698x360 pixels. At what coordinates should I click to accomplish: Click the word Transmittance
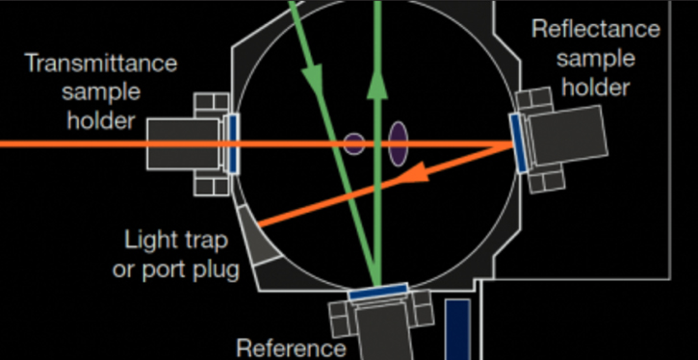coord(102,64)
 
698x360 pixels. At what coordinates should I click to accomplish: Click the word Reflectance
coord(596,29)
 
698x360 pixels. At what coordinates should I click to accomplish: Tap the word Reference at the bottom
coord(291,348)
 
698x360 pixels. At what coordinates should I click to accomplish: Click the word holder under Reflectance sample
coord(596,88)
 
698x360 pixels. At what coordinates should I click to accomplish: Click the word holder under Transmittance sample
coord(100,120)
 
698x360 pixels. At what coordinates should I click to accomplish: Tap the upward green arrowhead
coord(377,84)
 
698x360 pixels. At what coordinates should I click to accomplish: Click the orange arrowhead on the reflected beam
coord(413,173)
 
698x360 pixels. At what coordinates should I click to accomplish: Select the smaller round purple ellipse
coord(354,143)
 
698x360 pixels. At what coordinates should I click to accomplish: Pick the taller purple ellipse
coord(399,144)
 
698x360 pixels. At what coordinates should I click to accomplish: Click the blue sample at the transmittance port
coord(232,143)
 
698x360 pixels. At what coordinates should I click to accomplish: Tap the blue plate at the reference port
coord(378,291)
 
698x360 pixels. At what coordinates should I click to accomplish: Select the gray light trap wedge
coord(257,236)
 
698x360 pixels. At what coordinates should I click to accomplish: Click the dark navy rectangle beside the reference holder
coord(458,329)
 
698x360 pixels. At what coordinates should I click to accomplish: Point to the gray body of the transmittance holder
coord(183,143)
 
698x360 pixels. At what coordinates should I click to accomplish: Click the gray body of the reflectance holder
coord(568,136)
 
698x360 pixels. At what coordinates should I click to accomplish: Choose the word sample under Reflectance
coord(596,60)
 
